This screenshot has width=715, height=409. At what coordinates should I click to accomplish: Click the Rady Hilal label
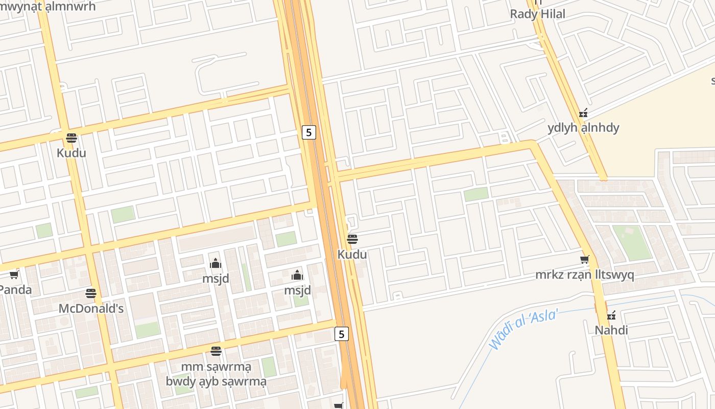point(538,14)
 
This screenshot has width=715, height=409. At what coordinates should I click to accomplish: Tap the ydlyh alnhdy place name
point(583,128)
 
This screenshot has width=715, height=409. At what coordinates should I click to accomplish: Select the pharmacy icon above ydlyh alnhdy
point(583,113)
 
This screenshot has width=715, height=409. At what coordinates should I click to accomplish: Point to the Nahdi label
point(611,330)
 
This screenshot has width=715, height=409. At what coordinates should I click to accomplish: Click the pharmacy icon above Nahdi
point(611,315)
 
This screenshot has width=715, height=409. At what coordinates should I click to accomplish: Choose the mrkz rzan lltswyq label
point(585,275)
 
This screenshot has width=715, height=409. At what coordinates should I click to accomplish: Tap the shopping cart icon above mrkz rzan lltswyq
point(585,260)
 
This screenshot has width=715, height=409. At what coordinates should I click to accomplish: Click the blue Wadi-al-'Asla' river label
point(523,330)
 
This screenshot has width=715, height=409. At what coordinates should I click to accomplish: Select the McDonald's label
point(91,309)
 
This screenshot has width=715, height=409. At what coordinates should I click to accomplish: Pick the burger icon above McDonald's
point(91,293)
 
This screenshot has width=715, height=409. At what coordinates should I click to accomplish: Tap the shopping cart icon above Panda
point(14,275)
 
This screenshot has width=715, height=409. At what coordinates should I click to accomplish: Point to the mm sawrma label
point(216,367)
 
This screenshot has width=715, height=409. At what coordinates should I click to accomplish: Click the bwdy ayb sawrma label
point(216,381)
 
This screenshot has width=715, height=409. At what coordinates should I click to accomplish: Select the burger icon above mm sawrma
point(216,351)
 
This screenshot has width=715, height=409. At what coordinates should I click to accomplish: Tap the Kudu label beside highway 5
point(352,254)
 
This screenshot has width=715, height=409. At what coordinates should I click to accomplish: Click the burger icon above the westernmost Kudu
point(71,138)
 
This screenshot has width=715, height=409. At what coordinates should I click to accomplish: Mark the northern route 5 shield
point(308,132)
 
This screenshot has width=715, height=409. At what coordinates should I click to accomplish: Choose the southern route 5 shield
point(342,334)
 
